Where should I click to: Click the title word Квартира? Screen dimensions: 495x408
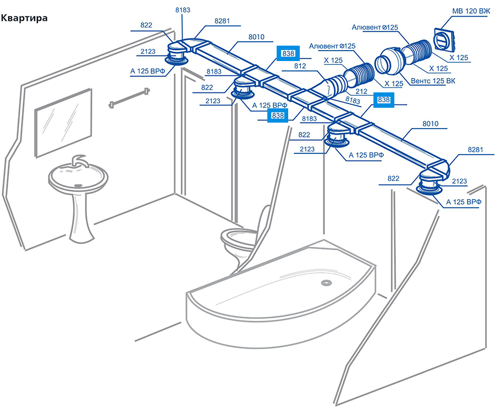click(24, 18)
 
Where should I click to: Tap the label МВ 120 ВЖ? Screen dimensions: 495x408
click(471, 12)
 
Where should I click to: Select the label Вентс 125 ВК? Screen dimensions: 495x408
click(433, 81)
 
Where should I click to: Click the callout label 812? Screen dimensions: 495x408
click(300, 66)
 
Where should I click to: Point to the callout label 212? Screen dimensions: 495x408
click(361, 91)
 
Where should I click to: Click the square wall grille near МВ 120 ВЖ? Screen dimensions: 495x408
click(445, 39)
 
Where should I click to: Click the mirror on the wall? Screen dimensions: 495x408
click(63, 123)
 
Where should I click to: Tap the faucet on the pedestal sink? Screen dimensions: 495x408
click(78, 162)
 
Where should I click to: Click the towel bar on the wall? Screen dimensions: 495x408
click(129, 98)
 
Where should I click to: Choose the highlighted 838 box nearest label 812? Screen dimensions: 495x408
click(288, 53)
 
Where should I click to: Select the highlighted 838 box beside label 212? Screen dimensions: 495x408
click(383, 100)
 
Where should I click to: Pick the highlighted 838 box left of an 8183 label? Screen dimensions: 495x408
click(278, 115)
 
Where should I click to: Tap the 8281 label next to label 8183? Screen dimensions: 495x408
click(222, 21)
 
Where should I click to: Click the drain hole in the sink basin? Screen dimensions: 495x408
click(78, 185)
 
